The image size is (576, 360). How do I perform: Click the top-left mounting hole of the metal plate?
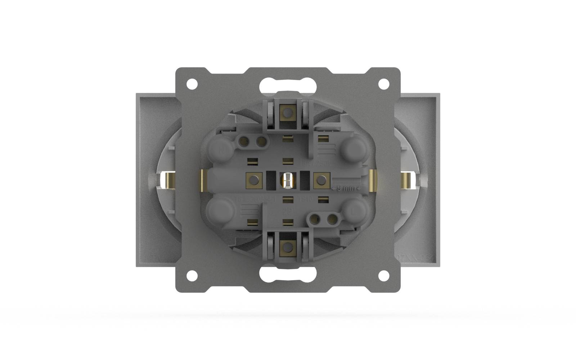click(x=192, y=84)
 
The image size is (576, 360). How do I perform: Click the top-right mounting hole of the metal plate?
click(x=384, y=84)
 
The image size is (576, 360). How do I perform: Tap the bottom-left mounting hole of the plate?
click(x=192, y=275)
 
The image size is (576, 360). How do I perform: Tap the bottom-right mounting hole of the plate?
click(x=384, y=275)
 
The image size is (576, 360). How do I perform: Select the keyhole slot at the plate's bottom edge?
click(x=288, y=274)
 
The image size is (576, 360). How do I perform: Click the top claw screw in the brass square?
click(x=287, y=113)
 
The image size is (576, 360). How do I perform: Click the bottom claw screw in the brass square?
click(x=287, y=247)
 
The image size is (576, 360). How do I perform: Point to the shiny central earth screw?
click(x=287, y=180)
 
